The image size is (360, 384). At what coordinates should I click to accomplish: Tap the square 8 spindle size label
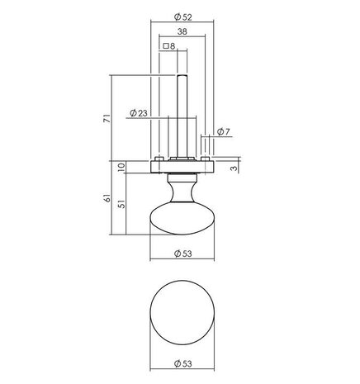pyautogui.click(x=169, y=47)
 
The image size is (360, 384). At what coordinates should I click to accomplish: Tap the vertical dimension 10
pyautogui.click(x=121, y=168)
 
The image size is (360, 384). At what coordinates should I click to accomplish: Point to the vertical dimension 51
pyautogui.click(x=121, y=205)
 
